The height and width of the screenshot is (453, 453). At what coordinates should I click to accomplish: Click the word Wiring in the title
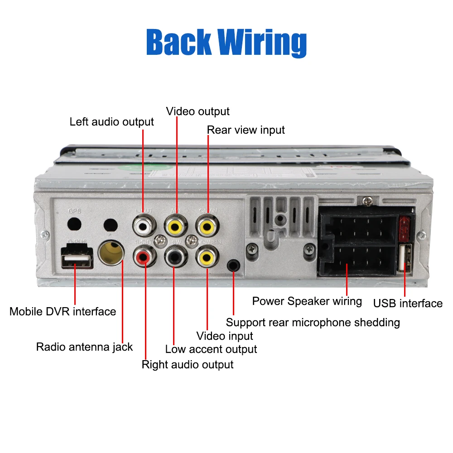[263, 43]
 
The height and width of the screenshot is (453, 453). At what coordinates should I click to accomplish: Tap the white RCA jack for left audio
[143, 225]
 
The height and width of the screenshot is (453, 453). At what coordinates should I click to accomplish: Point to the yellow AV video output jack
[175, 225]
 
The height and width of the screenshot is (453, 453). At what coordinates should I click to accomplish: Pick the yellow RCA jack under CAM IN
[207, 225]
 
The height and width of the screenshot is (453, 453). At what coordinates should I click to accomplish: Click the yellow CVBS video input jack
[207, 258]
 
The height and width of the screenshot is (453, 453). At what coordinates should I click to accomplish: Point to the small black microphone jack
[233, 265]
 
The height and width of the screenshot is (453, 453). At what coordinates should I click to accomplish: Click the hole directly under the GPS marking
[74, 224]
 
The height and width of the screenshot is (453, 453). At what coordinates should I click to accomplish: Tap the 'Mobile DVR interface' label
[63, 312]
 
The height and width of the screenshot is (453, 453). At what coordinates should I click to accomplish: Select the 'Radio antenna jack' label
[84, 347]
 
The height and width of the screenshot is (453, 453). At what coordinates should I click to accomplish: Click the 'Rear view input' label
[246, 130]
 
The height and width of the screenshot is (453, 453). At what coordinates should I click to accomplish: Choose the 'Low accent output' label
[211, 349]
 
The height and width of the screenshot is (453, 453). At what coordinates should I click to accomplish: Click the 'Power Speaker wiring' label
[307, 301]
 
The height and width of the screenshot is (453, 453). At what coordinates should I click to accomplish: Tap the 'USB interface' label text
[408, 304]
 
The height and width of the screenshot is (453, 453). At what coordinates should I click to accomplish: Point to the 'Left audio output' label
[111, 122]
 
